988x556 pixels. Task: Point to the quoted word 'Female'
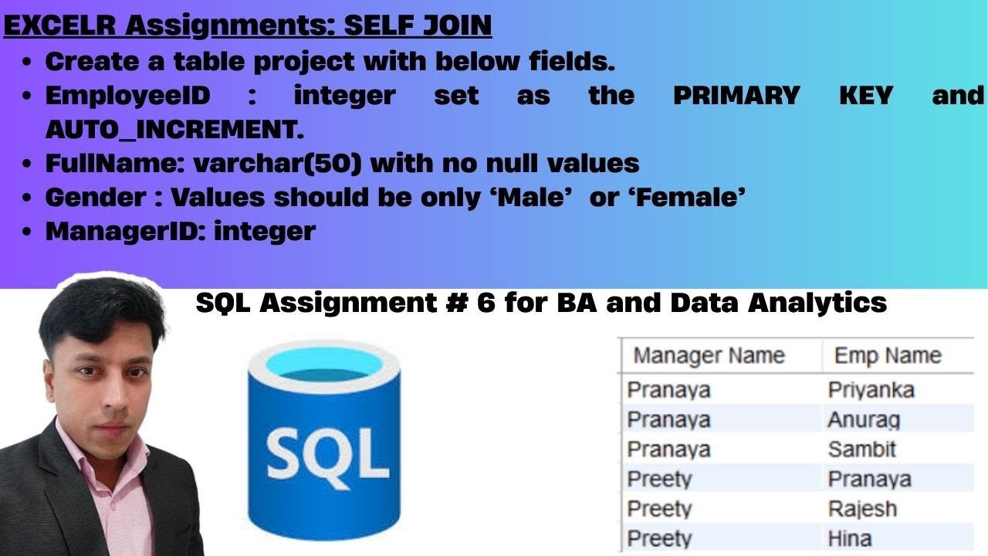pyautogui.click(x=685, y=197)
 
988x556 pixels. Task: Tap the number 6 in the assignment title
pyautogui.click(x=486, y=303)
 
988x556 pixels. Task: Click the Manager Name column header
pyautogui.click(x=709, y=355)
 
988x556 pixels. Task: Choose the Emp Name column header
pyautogui.click(x=888, y=355)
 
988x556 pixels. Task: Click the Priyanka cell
pyautogui.click(x=871, y=390)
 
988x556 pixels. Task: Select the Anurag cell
pyautogui.click(x=864, y=420)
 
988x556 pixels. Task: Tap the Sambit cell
pyautogui.click(x=861, y=449)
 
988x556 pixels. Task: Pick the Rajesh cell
pyautogui.click(x=862, y=509)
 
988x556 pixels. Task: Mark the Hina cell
pyautogui.click(x=850, y=538)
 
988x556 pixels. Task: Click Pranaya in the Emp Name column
pyautogui.click(x=869, y=479)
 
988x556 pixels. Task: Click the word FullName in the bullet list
pyautogui.click(x=113, y=163)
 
